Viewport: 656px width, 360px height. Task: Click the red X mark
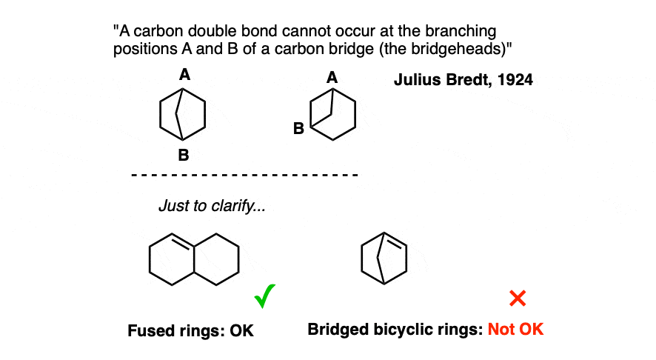pyautogui.click(x=518, y=298)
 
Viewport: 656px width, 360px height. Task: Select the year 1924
pyautogui.click(x=513, y=80)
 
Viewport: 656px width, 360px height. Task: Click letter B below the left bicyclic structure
pyautogui.click(x=183, y=156)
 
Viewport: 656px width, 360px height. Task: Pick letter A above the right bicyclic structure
pyautogui.click(x=332, y=76)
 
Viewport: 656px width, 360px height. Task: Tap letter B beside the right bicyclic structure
pyautogui.click(x=298, y=129)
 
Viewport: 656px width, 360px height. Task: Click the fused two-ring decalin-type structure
pyautogui.click(x=194, y=259)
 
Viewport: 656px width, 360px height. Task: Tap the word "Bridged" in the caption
pyautogui.click(x=334, y=329)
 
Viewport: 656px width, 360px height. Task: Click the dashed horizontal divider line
pyautogui.click(x=244, y=176)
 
